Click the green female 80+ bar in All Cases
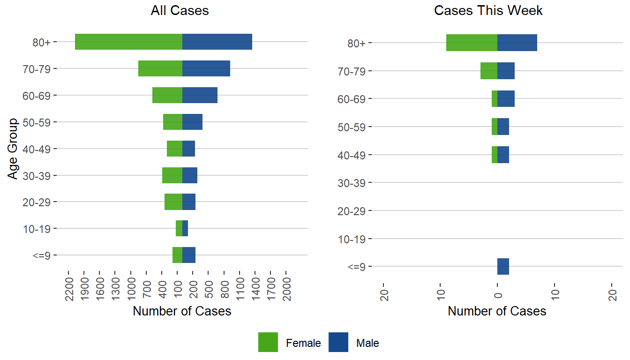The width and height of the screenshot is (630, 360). tap(128, 42)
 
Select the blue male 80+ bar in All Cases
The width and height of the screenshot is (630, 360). tap(217, 42)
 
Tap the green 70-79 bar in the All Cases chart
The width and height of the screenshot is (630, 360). tap(160, 68)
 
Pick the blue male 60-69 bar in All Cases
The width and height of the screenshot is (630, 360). tap(200, 95)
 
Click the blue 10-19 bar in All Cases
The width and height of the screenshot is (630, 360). tap(185, 228)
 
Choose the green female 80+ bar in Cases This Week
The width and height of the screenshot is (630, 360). tap(472, 43)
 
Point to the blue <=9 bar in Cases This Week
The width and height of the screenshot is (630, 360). tap(503, 266)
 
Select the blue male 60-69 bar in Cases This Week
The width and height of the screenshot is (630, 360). tap(506, 98)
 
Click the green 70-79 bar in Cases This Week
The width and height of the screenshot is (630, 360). tap(489, 71)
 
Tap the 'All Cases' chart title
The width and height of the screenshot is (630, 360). tap(180, 11)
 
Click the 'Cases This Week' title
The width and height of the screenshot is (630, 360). tap(488, 11)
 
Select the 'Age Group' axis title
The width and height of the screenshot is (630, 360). tap(13, 149)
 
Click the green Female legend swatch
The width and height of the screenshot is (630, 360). tap(268, 342)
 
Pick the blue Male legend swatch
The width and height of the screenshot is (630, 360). tap(338, 342)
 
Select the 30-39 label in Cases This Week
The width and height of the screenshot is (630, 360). tap(352, 183)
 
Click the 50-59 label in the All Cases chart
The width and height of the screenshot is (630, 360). tap(37, 122)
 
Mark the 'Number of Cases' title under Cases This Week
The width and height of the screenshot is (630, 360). tap(497, 311)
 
